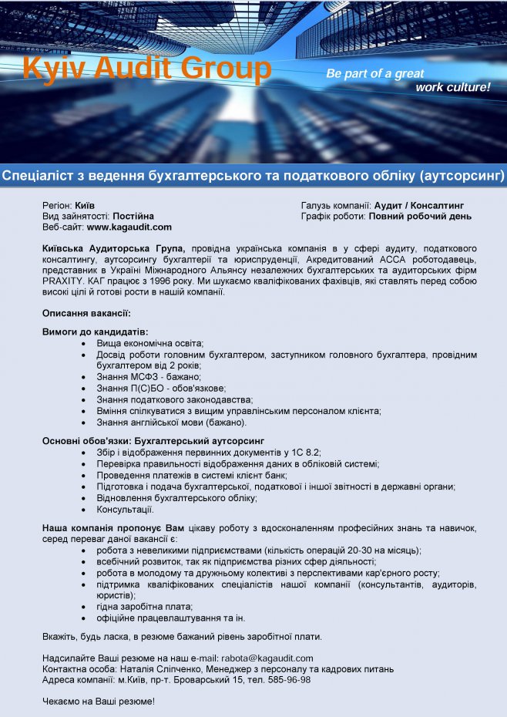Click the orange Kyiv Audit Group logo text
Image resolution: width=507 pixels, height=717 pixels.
pyautogui.click(x=147, y=69)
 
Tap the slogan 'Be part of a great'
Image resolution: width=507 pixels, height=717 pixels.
pyautogui.click(x=375, y=74)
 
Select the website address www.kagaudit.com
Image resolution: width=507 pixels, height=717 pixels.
pyautogui.click(x=129, y=227)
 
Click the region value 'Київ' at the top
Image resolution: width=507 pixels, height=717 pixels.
pyautogui.click(x=85, y=206)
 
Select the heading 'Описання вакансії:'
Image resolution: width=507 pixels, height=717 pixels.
pyautogui.click(x=86, y=313)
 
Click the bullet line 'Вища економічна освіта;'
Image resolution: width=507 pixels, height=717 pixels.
pyautogui.click(x=149, y=342)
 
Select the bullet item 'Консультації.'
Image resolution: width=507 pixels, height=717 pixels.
pyautogui.click(x=125, y=510)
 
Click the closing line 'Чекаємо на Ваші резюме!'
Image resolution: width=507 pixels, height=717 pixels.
pyautogui.click(x=99, y=702)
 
